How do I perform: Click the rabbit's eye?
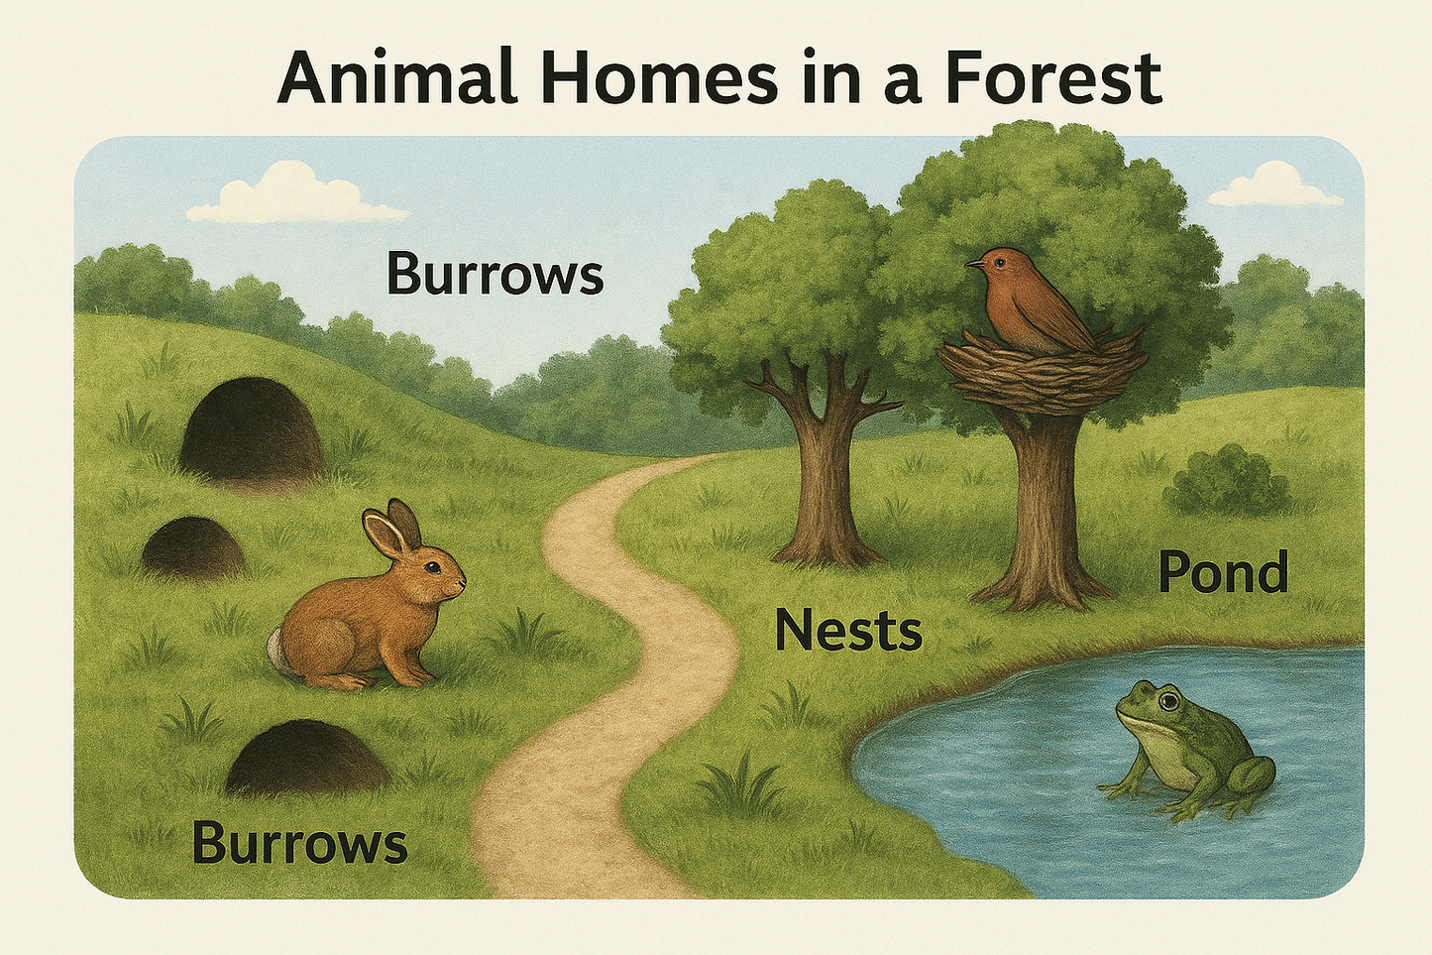[433, 568]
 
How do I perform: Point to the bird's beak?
[975, 265]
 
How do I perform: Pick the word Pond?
[1223, 574]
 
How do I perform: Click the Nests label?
[848, 631]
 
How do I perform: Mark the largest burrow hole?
[251, 428]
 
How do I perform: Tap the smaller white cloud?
[1274, 187]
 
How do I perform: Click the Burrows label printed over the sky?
[495, 274]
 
